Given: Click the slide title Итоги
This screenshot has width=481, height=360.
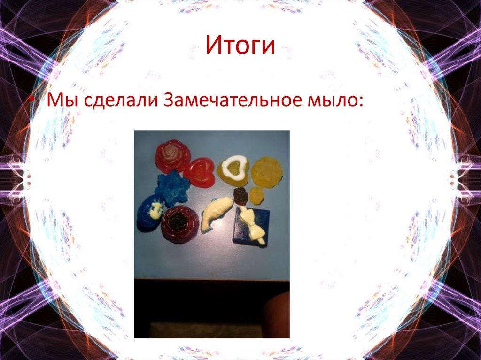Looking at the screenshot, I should tap(240, 46).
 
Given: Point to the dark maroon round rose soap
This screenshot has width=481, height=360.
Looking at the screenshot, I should tap(179, 223).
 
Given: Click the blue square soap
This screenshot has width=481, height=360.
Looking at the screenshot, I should tap(252, 225).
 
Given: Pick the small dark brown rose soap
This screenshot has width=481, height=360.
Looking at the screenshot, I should tap(241, 196).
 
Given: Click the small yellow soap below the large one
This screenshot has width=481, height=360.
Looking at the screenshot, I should tap(256, 194).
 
